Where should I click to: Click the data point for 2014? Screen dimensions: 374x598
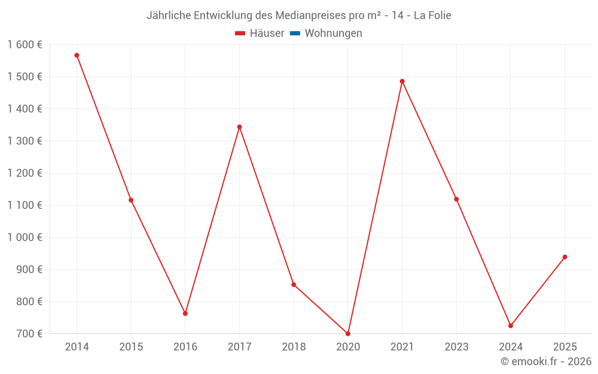click(77, 55)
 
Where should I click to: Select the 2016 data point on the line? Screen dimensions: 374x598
click(185, 314)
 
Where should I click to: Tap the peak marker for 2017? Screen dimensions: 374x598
click(239, 127)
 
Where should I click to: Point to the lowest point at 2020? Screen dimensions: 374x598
click(348, 334)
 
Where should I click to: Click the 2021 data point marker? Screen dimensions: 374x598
click(402, 81)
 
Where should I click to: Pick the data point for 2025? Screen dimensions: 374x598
click(565, 257)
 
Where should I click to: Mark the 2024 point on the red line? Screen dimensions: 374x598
click(511, 326)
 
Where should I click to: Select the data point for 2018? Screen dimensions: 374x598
click(294, 285)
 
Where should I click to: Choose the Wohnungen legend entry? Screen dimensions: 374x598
click(333, 34)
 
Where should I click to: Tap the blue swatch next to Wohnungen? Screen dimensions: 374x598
click(295, 34)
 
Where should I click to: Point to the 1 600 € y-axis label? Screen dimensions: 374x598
click(25, 45)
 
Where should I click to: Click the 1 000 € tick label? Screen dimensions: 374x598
click(25, 238)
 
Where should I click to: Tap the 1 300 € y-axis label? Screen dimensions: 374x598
click(25, 141)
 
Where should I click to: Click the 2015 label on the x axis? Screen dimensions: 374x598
click(131, 347)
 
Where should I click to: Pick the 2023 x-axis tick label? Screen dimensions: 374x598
click(456, 347)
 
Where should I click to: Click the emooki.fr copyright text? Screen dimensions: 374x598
click(545, 361)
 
